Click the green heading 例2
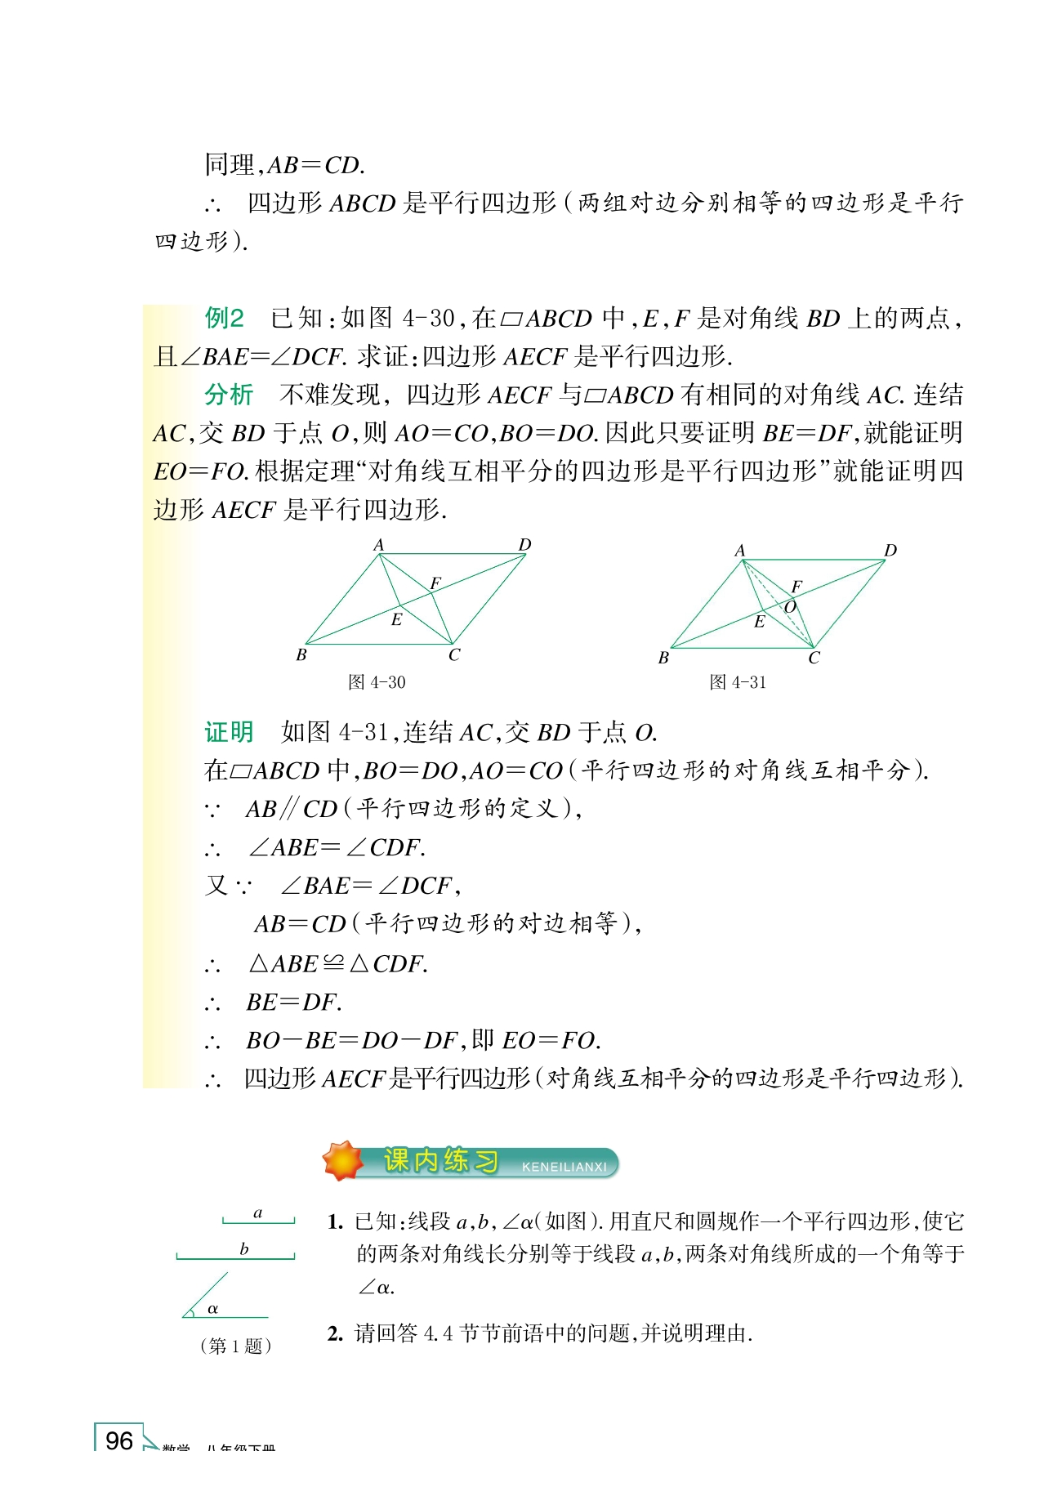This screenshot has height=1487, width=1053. [224, 318]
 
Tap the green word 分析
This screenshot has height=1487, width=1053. [229, 395]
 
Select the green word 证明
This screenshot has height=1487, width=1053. [229, 732]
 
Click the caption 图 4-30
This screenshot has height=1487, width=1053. [377, 682]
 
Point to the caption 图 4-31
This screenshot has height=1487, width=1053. [738, 682]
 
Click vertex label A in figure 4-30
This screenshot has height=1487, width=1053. [378, 545]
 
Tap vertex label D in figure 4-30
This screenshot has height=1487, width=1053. [524, 545]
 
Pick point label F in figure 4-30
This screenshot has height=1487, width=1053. [435, 583]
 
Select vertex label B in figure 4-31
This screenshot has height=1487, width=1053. [663, 658]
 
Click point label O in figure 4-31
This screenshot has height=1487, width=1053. [790, 607]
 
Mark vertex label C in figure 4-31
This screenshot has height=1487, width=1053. [814, 658]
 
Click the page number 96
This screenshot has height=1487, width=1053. [119, 1440]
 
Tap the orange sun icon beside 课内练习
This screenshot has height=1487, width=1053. [343, 1161]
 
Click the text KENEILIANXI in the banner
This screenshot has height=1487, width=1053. [564, 1168]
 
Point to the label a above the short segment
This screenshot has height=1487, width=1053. [258, 1213]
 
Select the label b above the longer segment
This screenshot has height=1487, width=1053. [243, 1249]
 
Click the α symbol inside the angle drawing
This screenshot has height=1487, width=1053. [212, 1309]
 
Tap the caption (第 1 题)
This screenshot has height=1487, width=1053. [235, 1346]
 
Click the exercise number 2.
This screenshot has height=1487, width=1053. [335, 1334]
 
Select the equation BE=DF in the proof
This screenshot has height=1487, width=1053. [294, 1002]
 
